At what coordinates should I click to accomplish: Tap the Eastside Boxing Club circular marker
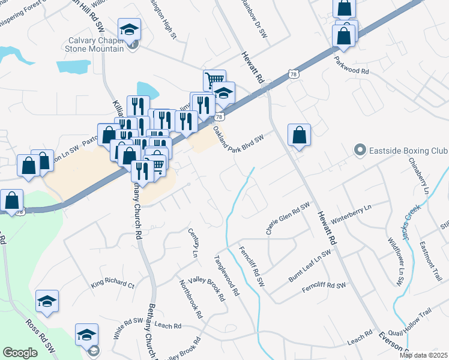[x=360, y=150]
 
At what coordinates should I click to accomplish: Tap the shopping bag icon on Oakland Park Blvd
[x=299, y=136]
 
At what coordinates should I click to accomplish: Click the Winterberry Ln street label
[x=352, y=212]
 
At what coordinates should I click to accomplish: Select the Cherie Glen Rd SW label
[x=288, y=219]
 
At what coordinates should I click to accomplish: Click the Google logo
[x=20, y=353]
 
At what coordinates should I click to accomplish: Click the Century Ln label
[x=193, y=243]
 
